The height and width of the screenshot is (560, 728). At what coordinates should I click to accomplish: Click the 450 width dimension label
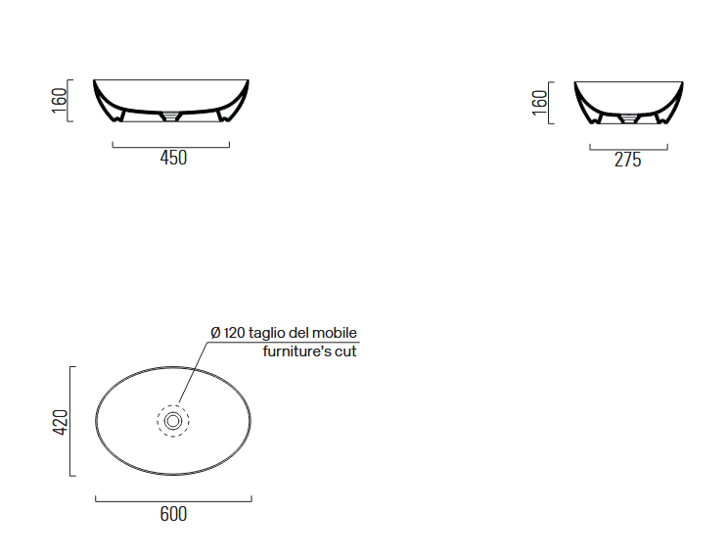pos(173,158)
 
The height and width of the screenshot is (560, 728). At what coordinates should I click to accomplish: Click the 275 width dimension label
pos(628,160)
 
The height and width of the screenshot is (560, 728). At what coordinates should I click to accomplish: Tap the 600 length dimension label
pos(173,514)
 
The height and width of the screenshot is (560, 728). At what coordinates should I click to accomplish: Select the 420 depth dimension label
pos(61,422)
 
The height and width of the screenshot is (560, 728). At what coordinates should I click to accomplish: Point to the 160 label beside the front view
pos(60,100)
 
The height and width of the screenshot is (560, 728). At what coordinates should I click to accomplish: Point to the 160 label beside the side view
pos(539,103)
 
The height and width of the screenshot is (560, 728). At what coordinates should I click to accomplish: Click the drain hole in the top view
pos(173,421)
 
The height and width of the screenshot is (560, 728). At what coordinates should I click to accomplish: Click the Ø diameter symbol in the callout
pos(215,333)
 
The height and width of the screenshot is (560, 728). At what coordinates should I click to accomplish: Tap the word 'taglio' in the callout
pos(267,334)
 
